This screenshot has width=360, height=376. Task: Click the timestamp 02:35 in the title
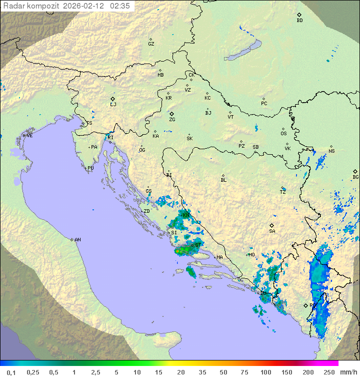pos(120,6)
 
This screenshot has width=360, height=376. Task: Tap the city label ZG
pos(172,120)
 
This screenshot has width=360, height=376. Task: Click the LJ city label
pos(113,104)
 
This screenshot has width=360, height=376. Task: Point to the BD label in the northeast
pos(299,21)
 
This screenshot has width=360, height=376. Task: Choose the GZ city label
pos(151,44)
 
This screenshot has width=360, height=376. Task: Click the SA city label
pos(272,231)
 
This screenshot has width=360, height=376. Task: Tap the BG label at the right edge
pos(355,177)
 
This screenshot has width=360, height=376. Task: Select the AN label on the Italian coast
pos(77,240)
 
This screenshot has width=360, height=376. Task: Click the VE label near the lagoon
pos(29,136)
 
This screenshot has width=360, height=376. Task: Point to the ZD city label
pos(146,211)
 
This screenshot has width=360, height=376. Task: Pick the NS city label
pos(331,151)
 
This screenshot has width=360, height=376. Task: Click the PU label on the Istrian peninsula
pos(90,168)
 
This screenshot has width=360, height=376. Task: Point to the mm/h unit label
pos(348,372)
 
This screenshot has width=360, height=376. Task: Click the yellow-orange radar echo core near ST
pos(178,251)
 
